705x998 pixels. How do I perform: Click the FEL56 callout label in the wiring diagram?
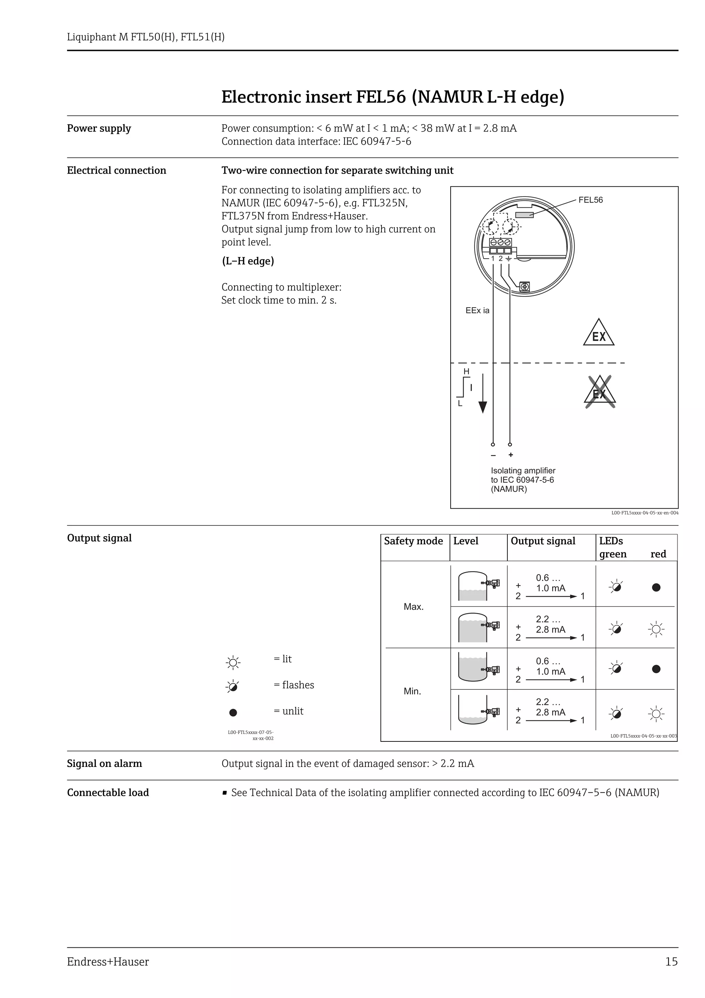point(590,200)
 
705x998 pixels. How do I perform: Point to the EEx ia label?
point(477,310)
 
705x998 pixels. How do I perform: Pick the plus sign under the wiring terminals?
point(511,455)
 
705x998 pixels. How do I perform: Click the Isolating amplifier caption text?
point(523,479)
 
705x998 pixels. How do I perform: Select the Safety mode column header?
point(413,541)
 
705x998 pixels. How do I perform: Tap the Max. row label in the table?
point(413,606)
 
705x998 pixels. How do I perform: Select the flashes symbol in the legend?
point(233,686)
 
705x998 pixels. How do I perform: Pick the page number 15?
point(671,961)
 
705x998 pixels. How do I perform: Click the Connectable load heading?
point(108,792)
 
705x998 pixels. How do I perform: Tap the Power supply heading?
point(98,128)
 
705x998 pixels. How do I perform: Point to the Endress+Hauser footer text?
point(108,961)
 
